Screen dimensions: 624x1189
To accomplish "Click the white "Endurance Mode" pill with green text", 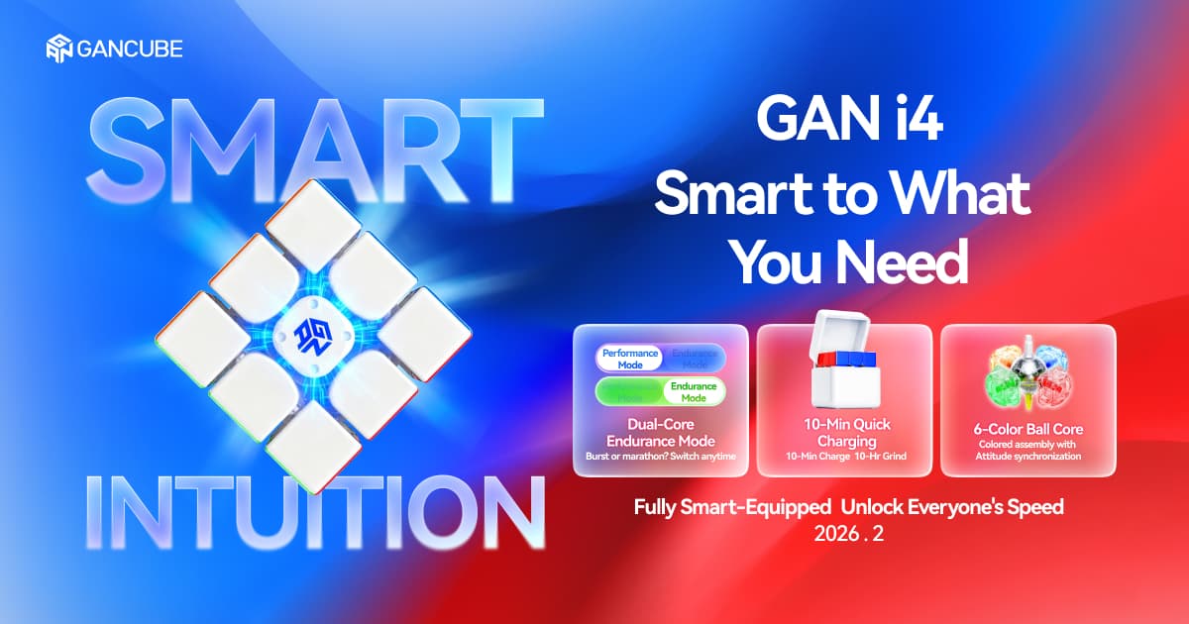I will (694, 391).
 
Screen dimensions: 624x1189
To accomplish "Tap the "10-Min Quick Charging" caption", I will (844, 432).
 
